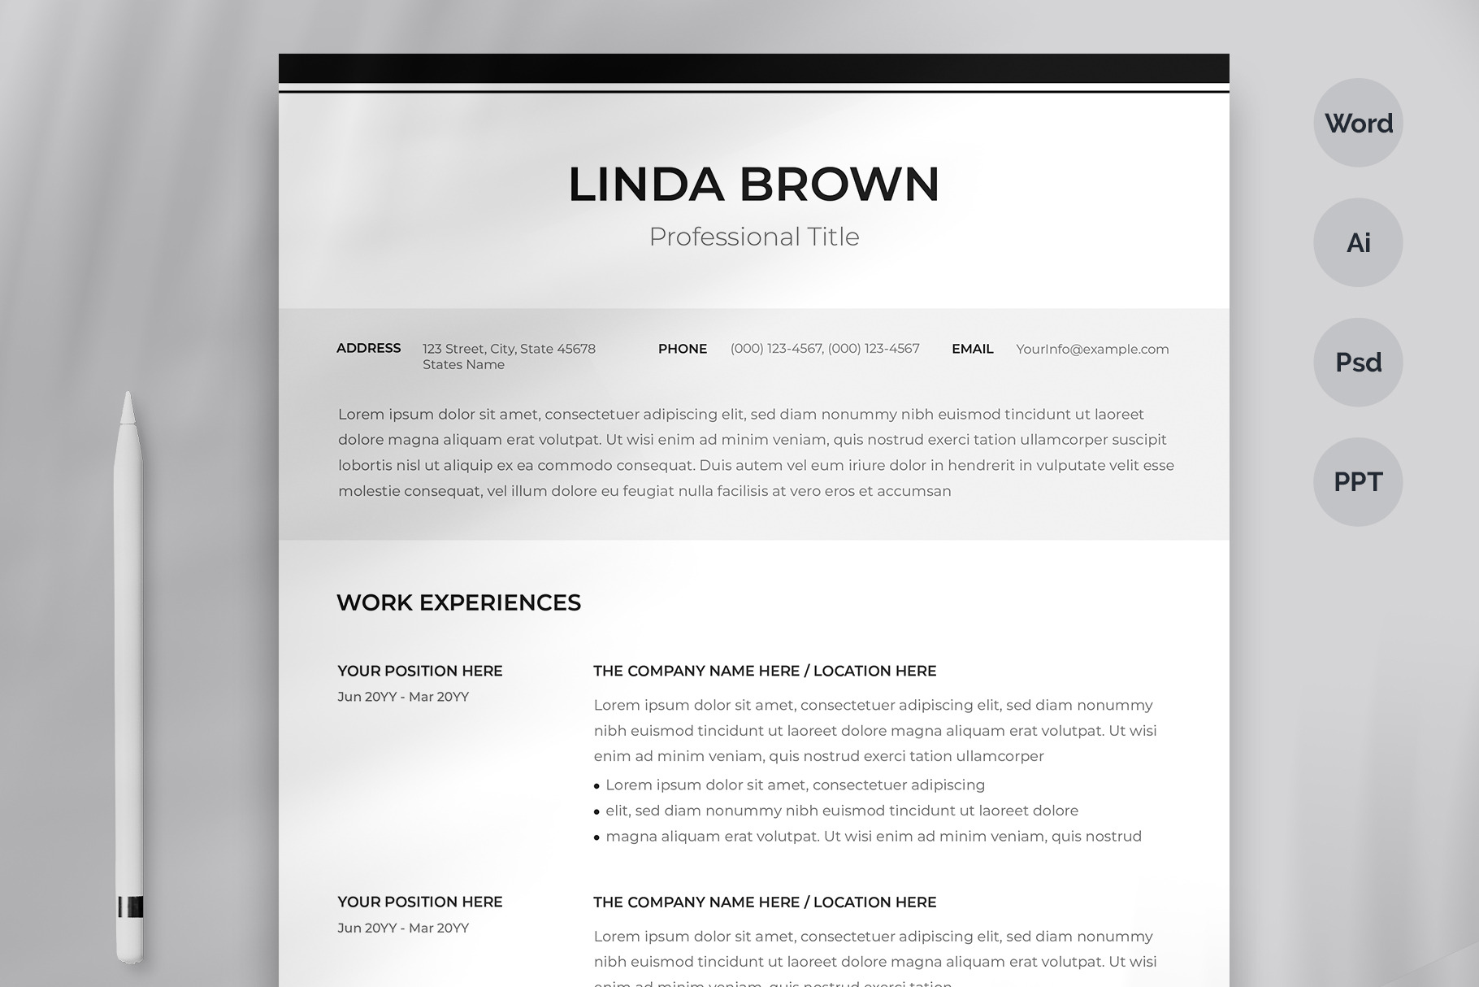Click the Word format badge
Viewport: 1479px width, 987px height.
1358,123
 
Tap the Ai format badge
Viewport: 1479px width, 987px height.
1358,242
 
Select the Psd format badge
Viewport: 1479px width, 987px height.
1358,362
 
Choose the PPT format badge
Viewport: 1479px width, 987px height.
1358,481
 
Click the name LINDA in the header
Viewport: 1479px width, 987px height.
645,184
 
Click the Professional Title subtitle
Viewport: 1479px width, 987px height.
753,237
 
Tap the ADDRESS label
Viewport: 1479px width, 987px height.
368,348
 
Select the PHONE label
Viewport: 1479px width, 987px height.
682,349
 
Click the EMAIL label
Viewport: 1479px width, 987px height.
972,349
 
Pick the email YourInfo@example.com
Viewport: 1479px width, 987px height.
1092,349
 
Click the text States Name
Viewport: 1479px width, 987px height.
463,365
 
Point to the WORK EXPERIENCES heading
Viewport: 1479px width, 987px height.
458,602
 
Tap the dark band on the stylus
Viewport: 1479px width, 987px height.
130,907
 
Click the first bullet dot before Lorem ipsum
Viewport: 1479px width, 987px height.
596,786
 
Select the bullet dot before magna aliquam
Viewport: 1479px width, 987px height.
596,837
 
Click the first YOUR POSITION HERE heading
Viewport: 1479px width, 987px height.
420,671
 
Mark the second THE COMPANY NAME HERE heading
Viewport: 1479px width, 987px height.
764,902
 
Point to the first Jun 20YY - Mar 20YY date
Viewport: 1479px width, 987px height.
403,697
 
